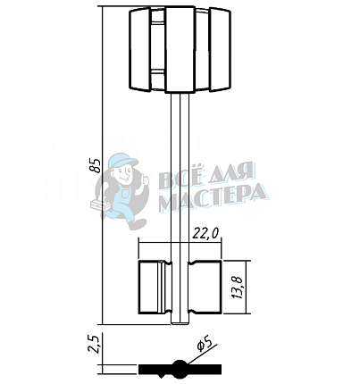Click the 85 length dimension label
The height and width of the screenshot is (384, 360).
coord(96,165)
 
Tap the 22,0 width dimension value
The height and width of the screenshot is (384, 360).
coord(205,234)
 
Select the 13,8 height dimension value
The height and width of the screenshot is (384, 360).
coord(239,287)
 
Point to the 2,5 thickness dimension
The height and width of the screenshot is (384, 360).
coord(95,344)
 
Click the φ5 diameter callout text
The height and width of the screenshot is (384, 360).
coord(204,345)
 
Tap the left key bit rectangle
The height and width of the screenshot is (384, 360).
coord(155,287)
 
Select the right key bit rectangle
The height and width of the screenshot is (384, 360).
coord(205,287)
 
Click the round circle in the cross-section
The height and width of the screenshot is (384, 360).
coord(180,369)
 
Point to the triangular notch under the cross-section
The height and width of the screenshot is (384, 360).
coord(162,375)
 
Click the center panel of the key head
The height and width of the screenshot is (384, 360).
coord(180,49)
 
